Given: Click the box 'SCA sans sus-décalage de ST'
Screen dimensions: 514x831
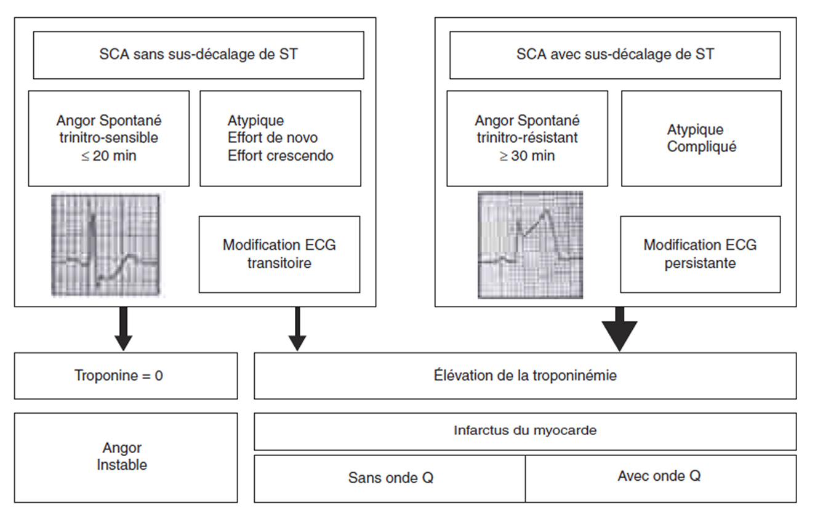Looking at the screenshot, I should point(198,55).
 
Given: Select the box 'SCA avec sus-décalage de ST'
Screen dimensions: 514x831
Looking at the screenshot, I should point(615,55).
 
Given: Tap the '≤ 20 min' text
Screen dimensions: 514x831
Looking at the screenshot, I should point(108,156).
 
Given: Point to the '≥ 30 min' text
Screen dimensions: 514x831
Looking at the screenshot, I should point(526,156).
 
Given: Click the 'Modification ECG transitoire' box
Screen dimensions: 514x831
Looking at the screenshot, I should point(279,254).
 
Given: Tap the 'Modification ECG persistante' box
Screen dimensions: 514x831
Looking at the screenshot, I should point(700,254).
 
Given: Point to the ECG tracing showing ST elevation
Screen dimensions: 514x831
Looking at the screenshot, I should point(530,244).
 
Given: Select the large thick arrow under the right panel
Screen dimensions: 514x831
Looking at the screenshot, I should point(619,329).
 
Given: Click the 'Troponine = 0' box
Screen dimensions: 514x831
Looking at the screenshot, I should point(126,375).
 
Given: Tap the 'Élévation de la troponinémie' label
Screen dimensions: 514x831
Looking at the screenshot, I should point(525,375).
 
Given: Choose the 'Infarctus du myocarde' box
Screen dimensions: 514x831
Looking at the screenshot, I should point(525,431).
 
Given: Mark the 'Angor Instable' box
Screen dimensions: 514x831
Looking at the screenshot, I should point(126,457).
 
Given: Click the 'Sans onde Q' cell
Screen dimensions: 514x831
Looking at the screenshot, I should point(390,478).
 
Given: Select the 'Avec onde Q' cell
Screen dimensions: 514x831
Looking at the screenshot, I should point(660,476).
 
